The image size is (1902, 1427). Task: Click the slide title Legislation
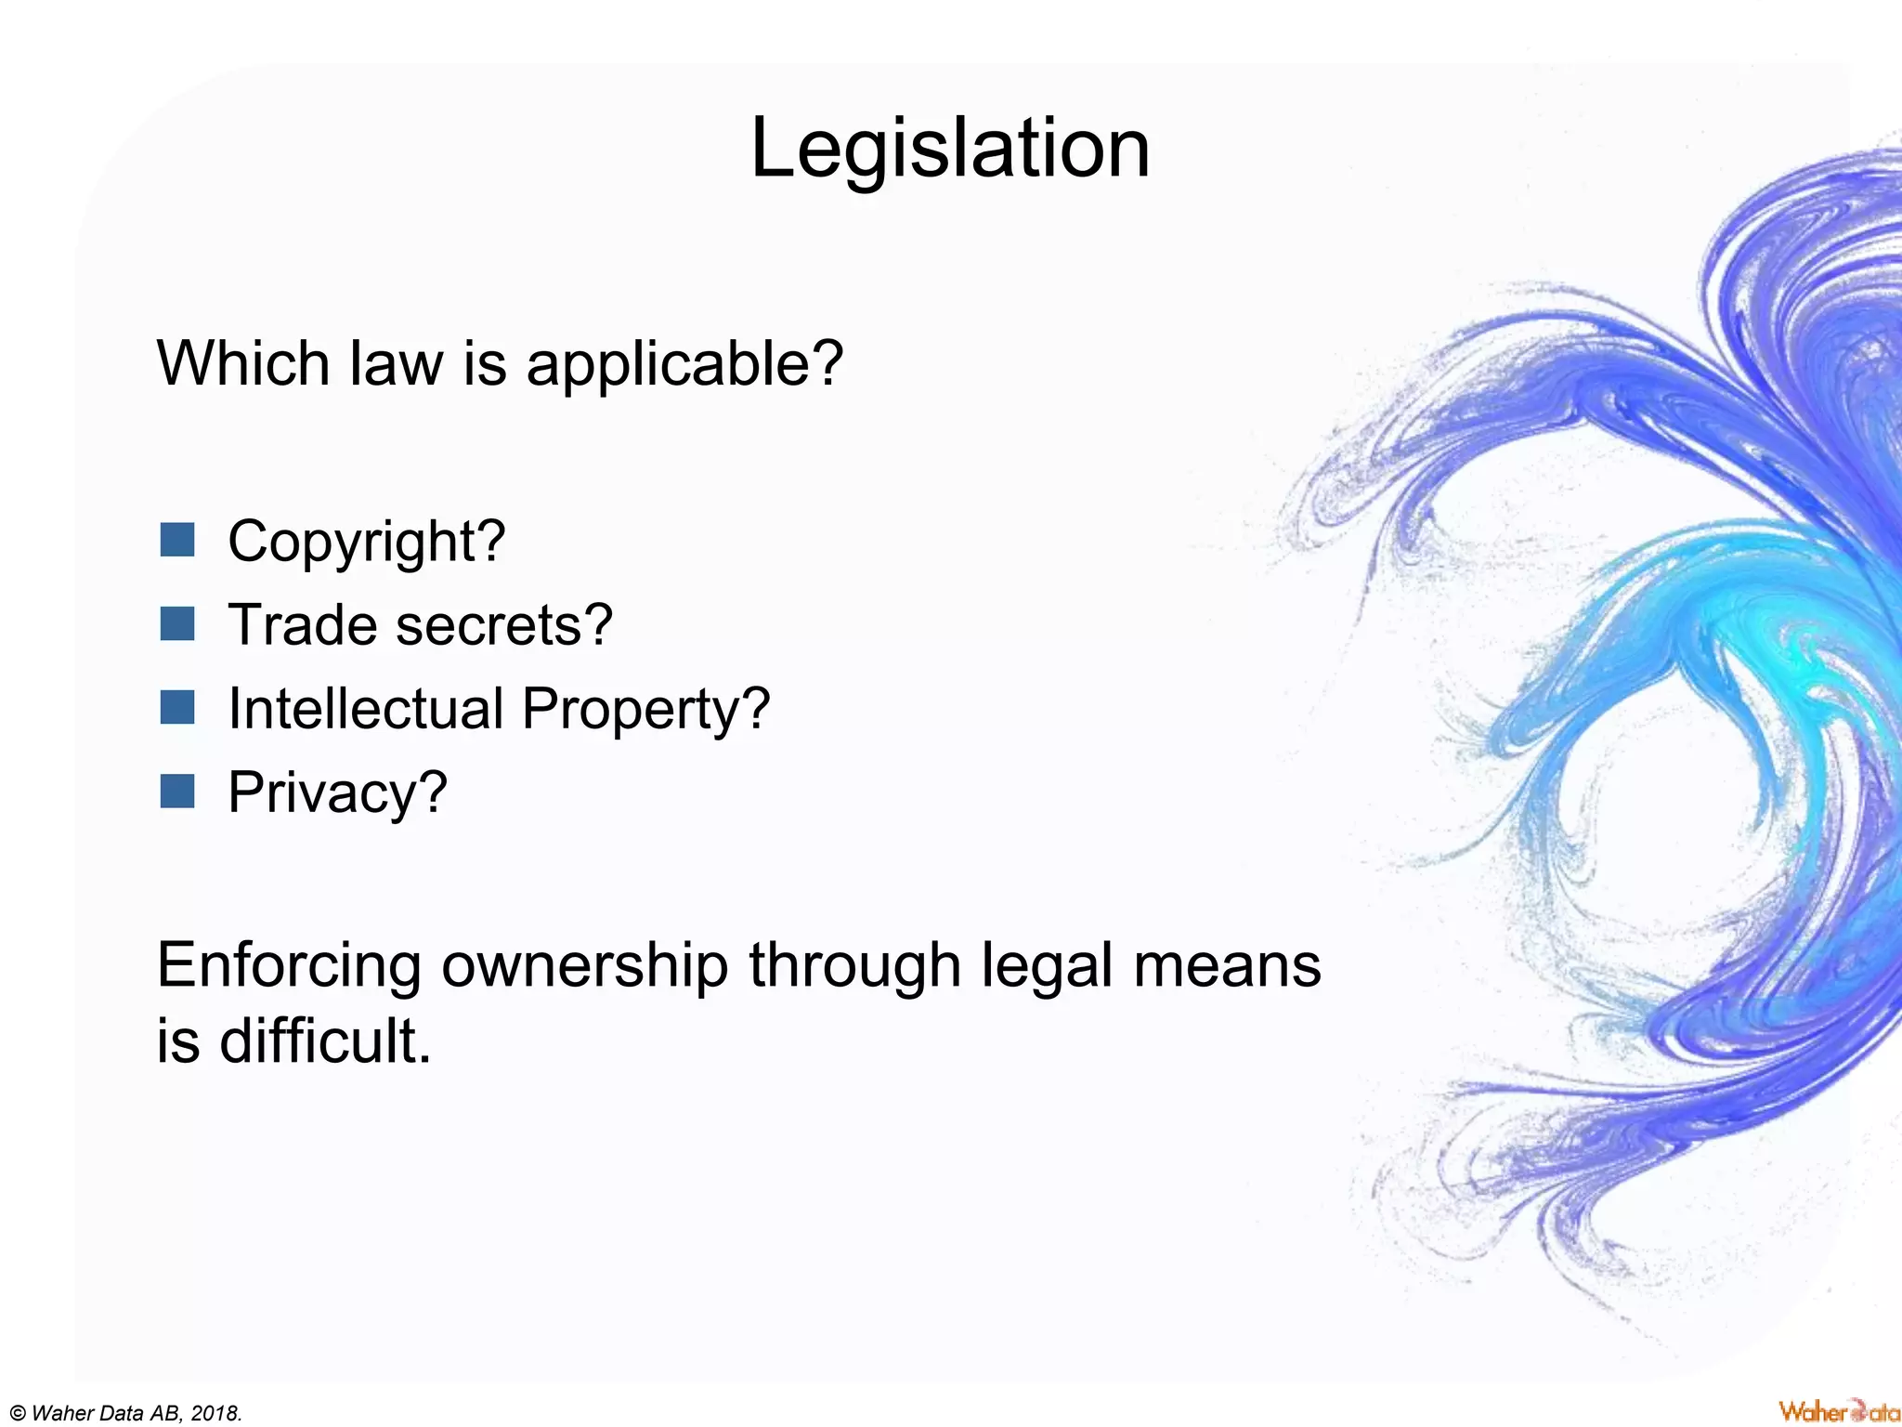(x=949, y=149)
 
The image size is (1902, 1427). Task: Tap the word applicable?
(x=684, y=364)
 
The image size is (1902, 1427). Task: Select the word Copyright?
(x=366, y=542)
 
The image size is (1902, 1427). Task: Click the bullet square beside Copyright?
(x=177, y=539)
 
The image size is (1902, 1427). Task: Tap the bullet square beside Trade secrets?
(x=177, y=623)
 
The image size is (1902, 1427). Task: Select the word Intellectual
(x=366, y=709)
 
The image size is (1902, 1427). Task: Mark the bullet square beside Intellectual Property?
(x=177, y=707)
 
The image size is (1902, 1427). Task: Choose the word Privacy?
(x=337, y=793)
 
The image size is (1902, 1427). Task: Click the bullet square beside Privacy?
(x=177, y=792)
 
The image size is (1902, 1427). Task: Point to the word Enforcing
(x=289, y=966)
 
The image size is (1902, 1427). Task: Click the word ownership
(x=584, y=966)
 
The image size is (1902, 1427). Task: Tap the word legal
(x=1047, y=966)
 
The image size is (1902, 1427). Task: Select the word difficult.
(x=325, y=1041)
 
